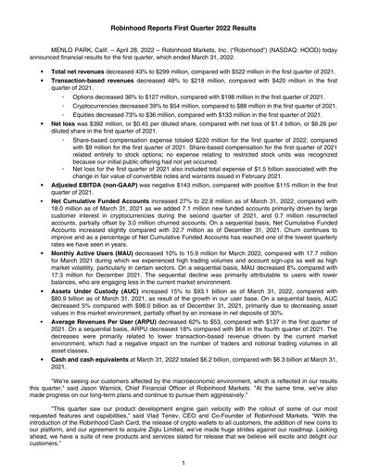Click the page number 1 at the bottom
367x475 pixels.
(183, 462)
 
